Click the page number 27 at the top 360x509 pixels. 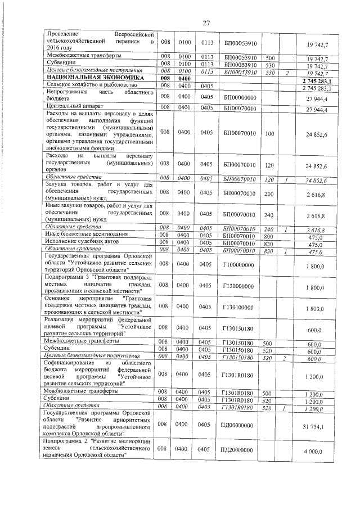[206, 22]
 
